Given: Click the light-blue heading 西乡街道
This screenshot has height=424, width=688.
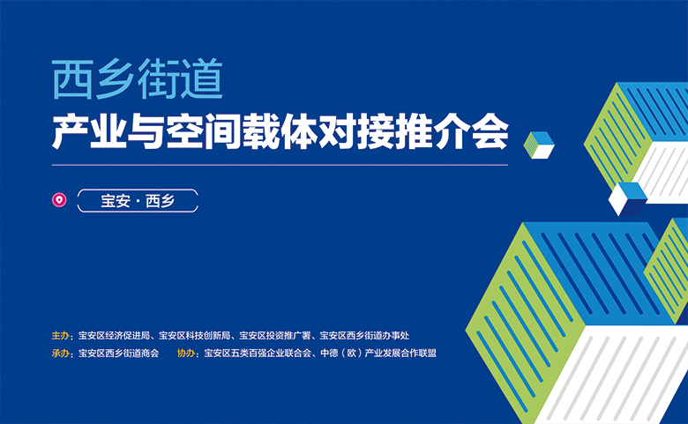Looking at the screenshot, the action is (x=138, y=79).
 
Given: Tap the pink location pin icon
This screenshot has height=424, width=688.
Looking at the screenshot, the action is (x=59, y=200).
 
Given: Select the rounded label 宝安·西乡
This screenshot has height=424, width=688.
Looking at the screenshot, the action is (x=138, y=201).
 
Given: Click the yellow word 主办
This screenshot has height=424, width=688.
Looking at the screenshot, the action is (x=61, y=336).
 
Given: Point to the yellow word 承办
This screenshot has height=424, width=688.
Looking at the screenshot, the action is (x=61, y=353).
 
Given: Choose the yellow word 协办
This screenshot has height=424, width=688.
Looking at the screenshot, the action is (x=186, y=353).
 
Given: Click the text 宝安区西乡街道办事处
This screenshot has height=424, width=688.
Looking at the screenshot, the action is (x=364, y=336).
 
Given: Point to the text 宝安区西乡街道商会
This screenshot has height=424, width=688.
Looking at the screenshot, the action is (x=118, y=353).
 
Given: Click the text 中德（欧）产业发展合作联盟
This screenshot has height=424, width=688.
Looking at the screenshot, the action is (x=378, y=353).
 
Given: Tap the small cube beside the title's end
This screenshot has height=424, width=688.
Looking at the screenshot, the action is (x=539, y=145).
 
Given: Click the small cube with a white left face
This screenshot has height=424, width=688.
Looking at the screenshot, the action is (x=627, y=199).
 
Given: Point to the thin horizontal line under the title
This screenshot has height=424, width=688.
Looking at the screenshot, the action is (x=280, y=166).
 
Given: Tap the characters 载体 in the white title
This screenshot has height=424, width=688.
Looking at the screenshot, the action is (x=280, y=131).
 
